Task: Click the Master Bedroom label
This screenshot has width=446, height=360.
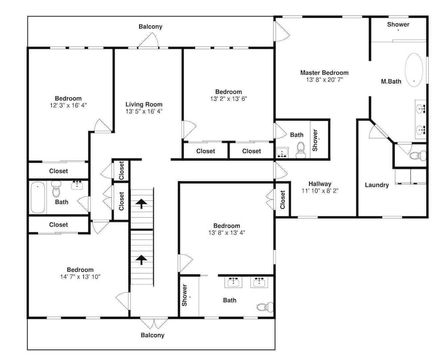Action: (324, 73)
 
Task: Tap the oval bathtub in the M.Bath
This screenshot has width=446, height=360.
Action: (414, 70)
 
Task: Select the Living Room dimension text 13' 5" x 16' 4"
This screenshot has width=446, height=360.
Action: (144, 111)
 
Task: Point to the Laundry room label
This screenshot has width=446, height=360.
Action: (376, 185)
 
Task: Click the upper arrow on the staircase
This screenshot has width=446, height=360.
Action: (141, 204)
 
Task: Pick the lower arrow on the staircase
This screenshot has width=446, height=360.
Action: (141, 260)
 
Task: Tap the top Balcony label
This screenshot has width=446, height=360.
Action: (150, 26)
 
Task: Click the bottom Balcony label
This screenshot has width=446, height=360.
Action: (153, 335)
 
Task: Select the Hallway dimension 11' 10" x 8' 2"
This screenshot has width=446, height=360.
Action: (320, 190)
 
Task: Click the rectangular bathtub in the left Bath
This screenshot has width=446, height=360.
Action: (38, 197)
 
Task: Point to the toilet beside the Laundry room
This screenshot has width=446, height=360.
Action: (418, 155)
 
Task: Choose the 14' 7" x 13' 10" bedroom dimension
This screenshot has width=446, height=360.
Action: (80, 277)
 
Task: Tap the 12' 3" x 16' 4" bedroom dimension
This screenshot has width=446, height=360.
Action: (68, 105)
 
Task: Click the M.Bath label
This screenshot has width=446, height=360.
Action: (391, 81)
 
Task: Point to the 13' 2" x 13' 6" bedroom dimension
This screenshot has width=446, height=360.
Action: (229, 99)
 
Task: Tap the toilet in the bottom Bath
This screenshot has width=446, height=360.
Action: (265, 307)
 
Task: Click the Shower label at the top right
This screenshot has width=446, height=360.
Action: (398, 25)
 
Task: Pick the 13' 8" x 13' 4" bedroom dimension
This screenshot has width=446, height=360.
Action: (227, 233)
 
